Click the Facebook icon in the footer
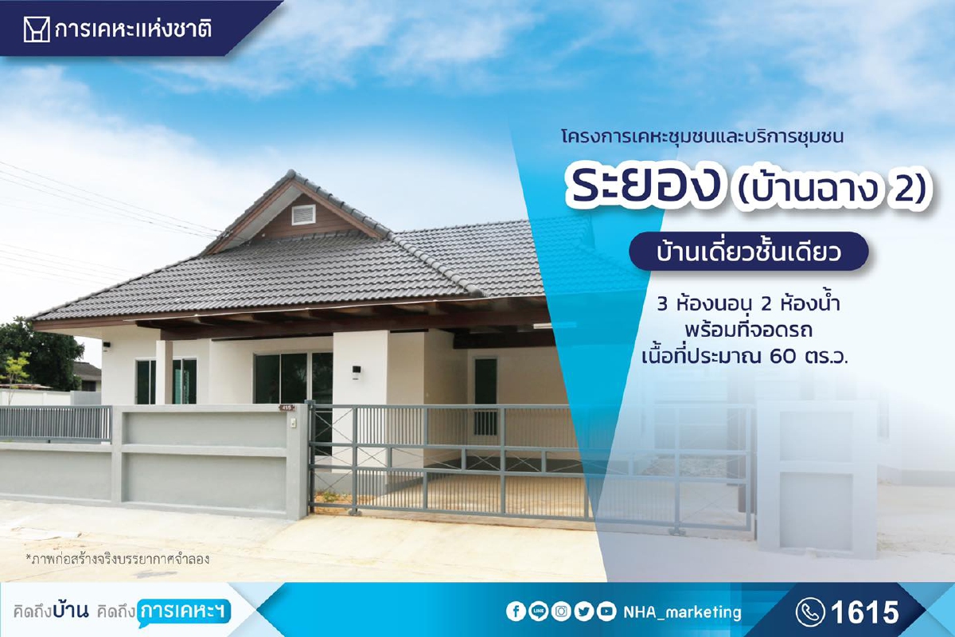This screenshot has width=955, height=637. (515, 612)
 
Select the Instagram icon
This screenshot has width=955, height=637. (561, 612)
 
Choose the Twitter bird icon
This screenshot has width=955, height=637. (584, 612)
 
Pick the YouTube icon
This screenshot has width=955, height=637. (607, 612)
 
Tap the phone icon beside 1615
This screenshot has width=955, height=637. (810, 612)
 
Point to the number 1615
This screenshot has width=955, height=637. (864, 612)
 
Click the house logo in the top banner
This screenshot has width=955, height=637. (34, 30)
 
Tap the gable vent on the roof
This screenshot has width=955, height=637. (303, 214)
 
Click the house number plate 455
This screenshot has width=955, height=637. (286, 408)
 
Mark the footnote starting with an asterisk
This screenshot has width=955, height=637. (117, 558)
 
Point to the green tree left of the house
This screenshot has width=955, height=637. (40, 350)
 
